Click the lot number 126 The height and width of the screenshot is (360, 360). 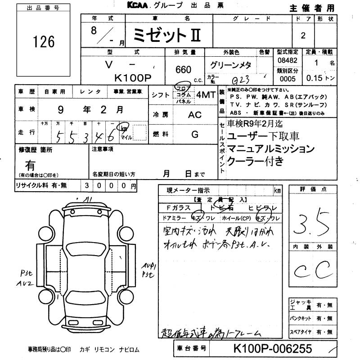[x=44, y=42]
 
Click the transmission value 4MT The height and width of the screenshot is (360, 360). [x=205, y=94]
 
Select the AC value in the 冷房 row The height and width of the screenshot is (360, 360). [x=194, y=114]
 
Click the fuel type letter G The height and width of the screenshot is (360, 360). [x=195, y=134]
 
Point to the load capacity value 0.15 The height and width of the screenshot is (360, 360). [x=314, y=78]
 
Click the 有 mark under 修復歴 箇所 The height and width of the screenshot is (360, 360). [x=31, y=166]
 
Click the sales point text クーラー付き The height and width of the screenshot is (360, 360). [x=256, y=161]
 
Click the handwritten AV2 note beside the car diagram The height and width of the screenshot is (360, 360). [x=23, y=284]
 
